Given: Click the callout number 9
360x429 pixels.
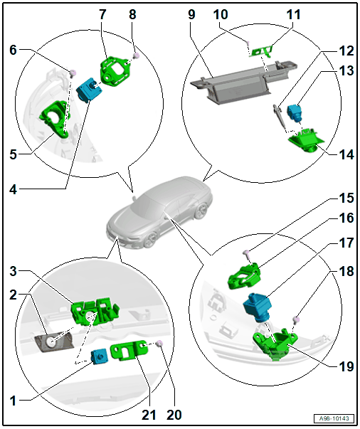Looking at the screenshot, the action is tap(191, 14).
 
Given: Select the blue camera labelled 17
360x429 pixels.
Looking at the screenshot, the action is tap(258, 306).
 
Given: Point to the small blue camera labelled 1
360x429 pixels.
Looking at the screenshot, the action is tap(99, 356).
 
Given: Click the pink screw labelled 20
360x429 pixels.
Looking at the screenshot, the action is tap(159, 344).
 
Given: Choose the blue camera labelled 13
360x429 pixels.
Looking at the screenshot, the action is tap(295, 112).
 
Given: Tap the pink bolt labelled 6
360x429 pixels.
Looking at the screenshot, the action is tap(73, 73).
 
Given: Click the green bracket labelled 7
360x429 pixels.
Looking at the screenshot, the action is tap(114, 71).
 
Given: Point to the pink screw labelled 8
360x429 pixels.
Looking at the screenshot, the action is tap(136, 55).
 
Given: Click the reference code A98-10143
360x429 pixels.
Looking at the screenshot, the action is tap(334, 418).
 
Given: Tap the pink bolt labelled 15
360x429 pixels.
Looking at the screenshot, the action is tap(246, 254).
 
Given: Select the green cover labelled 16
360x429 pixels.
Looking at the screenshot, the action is tap(244, 276).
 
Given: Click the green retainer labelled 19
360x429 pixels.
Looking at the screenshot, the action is tap(275, 344).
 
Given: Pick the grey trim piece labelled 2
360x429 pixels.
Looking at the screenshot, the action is tap(54, 342).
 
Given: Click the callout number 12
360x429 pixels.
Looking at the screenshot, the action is tap(346, 51).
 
